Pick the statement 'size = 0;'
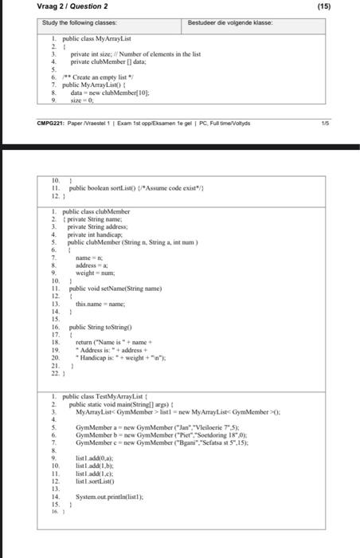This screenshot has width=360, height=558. [x=84, y=100]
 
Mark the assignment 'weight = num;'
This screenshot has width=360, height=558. [x=96, y=273]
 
